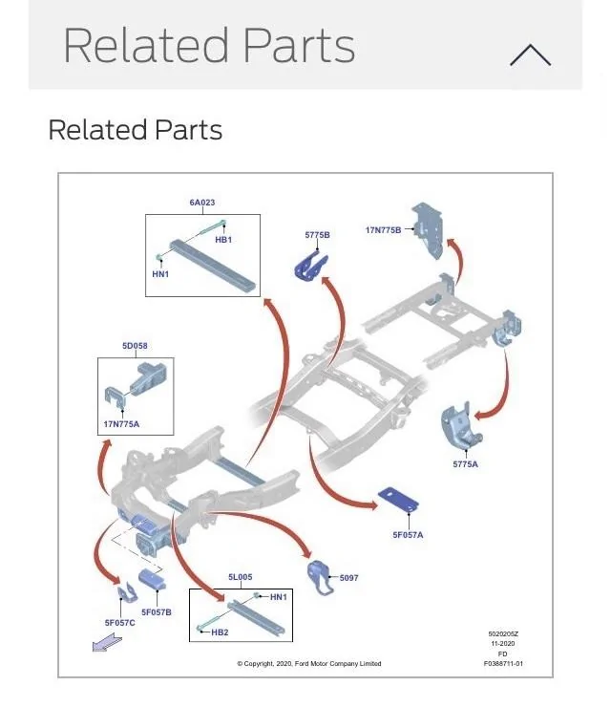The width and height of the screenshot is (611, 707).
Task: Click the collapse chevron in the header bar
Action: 530,55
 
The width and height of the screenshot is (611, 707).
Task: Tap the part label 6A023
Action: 201,203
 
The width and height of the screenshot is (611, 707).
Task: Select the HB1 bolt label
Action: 223,240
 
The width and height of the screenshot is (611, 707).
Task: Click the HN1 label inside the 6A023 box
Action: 160,274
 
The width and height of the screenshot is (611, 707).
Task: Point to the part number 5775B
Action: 317,235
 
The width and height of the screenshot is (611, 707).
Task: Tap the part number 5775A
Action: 466,464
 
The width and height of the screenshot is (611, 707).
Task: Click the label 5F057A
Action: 408,535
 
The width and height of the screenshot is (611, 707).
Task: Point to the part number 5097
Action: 348,578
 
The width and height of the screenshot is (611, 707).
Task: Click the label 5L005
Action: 240,577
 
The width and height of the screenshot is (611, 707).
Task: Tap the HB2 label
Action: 220,632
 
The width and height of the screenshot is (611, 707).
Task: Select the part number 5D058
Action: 135,346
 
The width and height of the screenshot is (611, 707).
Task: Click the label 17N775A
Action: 121,424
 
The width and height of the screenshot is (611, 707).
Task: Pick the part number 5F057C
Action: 120,623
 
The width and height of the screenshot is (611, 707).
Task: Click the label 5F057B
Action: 157,611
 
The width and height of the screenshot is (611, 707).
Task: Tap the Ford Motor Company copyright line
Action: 308,664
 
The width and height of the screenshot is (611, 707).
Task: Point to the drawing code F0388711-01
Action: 503,663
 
